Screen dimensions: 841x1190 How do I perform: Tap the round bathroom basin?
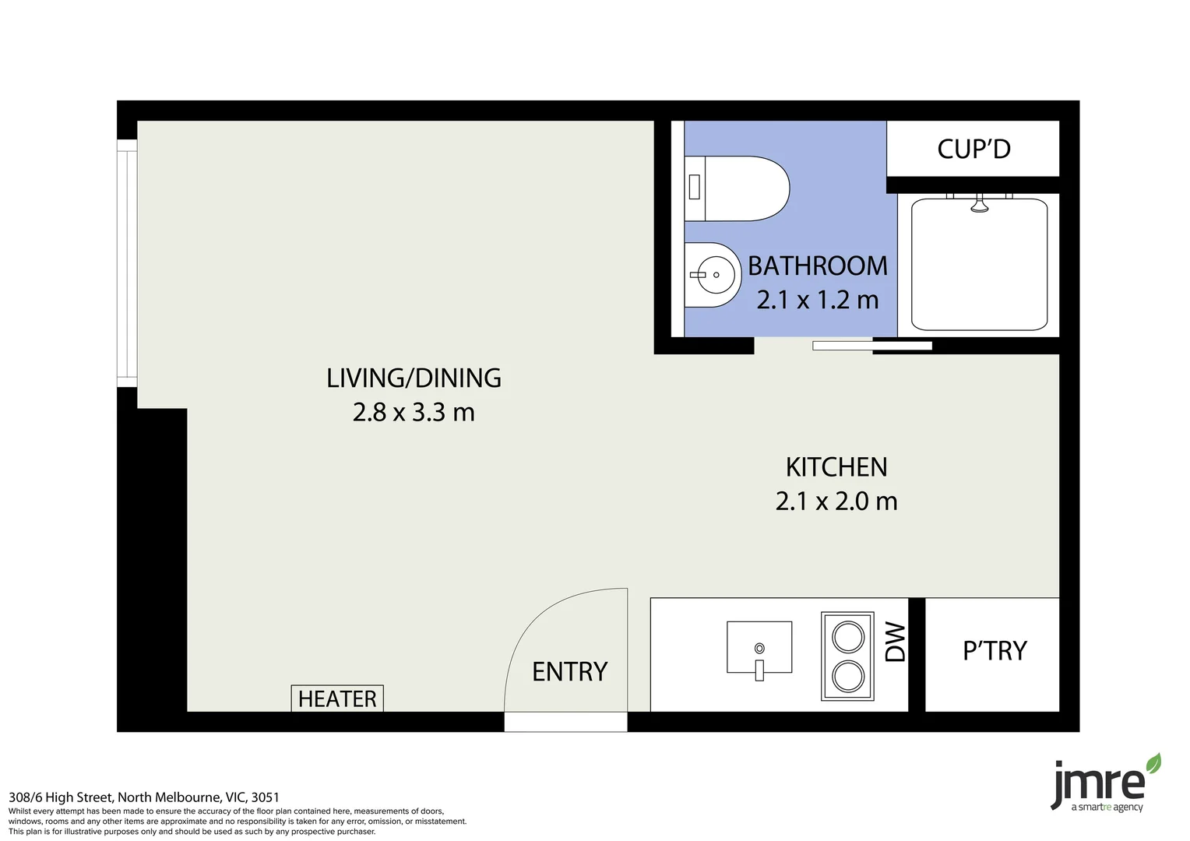click(712, 275)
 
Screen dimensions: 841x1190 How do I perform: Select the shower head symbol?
click(979, 206)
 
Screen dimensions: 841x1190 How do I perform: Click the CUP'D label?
click(973, 149)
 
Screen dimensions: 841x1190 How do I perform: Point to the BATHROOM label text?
click(818, 266)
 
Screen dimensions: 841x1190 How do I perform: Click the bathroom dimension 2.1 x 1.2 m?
click(818, 300)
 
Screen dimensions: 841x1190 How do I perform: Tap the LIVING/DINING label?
click(414, 378)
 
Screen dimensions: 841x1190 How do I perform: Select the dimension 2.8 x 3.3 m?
click(414, 412)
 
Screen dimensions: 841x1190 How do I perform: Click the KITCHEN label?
click(836, 467)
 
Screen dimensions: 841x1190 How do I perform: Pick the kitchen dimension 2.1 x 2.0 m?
click(836, 501)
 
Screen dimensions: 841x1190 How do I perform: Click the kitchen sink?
click(759, 647)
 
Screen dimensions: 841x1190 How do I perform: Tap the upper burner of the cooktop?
click(848, 637)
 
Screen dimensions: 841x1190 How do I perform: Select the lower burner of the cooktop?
click(848, 676)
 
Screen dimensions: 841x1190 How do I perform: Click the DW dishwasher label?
click(896, 642)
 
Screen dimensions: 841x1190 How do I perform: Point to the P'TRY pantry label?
click(995, 651)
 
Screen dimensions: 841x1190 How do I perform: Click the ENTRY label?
click(569, 671)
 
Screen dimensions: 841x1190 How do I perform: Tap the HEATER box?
click(337, 698)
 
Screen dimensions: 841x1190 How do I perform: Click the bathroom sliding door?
click(872, 346)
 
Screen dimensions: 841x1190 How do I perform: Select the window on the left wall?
click(127, 263)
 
